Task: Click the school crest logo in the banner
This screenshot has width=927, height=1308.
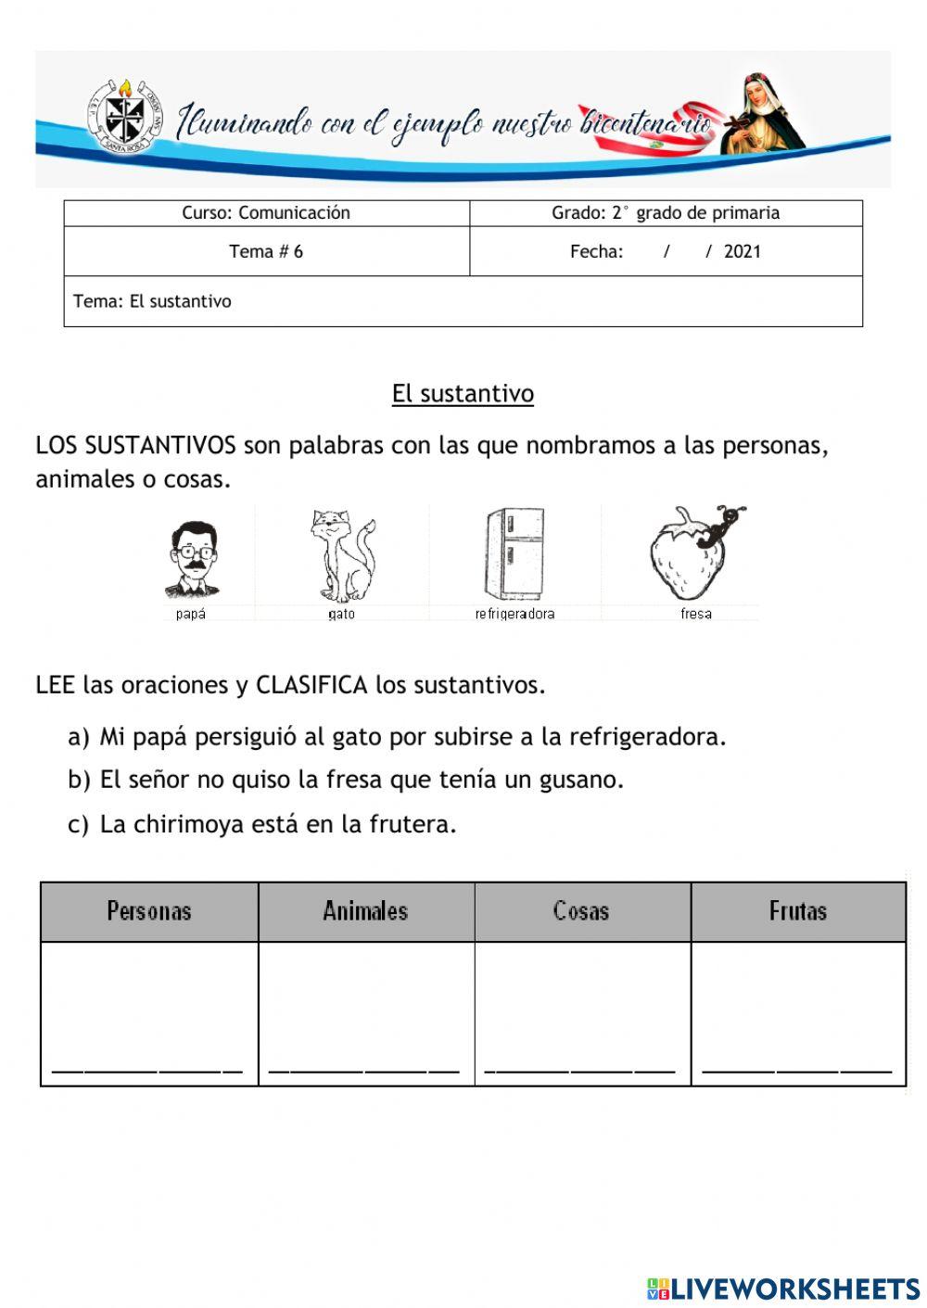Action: pyautogui.click(x=124, y=116)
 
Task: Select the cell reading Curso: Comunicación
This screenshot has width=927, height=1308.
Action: pyautogui.click(x=266, y=213)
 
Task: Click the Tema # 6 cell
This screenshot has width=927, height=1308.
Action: pyautogui.click(x=266, y=251)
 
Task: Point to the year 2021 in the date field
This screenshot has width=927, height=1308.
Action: pyautogui.click(x=742, y=251)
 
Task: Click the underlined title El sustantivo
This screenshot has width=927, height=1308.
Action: pyautogui.click(x=463, y=394)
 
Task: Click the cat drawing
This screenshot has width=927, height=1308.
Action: pyautogui.click(x=341, y=555)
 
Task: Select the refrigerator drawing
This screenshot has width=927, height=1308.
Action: pyautogui.click(x=514, y=553)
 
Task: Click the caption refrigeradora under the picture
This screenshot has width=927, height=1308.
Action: pyautogui.click(x=514, y=614)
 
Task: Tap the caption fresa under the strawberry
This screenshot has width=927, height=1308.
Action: pyautogui.click(x=695, y=614)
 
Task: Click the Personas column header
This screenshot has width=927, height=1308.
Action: pyautogui.click(x=149, y=911)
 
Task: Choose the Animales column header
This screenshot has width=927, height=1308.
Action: pyautogui.click(x=365, y=911)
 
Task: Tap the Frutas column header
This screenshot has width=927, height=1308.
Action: pyautogui.click(x=797, y=911)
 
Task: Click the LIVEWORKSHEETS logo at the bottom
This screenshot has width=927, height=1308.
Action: pyautogui.click(x=783, y=1288)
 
